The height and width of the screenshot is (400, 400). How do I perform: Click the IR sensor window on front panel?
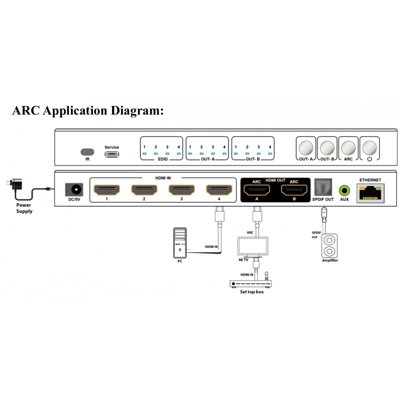87,151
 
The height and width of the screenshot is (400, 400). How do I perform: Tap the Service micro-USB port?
111,153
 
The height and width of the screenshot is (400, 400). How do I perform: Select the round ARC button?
348,147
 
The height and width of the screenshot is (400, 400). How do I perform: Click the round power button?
369,147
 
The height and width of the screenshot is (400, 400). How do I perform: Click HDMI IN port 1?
107,190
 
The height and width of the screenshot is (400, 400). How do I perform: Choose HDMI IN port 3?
181,190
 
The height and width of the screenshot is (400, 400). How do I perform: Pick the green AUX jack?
344,190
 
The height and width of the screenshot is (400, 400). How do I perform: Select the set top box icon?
251,284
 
